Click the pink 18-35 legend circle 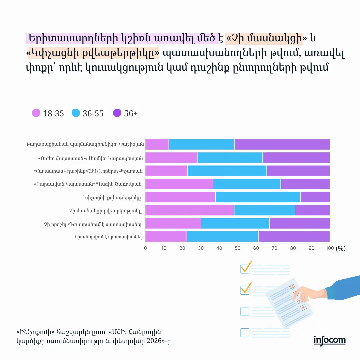(36, 113)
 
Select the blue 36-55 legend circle (76, 113)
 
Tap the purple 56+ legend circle (117, 113)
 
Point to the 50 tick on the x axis (238, 248)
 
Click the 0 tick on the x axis (145, 248)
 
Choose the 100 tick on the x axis (329, 248)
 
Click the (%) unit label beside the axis (341, 248)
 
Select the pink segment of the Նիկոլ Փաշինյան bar (157, 144)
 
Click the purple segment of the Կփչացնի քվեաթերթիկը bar (315, 197)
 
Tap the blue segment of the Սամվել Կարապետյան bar (230, 157)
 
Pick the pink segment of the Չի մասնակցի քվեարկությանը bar (190, 210)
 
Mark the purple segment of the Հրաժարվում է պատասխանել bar (294, 236)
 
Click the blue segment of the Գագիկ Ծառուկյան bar (247, 184)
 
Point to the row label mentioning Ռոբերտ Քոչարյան (88, 171)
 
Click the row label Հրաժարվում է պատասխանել (109, 237)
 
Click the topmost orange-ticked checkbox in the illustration (245, 268)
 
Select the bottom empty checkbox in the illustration (245, 332)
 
